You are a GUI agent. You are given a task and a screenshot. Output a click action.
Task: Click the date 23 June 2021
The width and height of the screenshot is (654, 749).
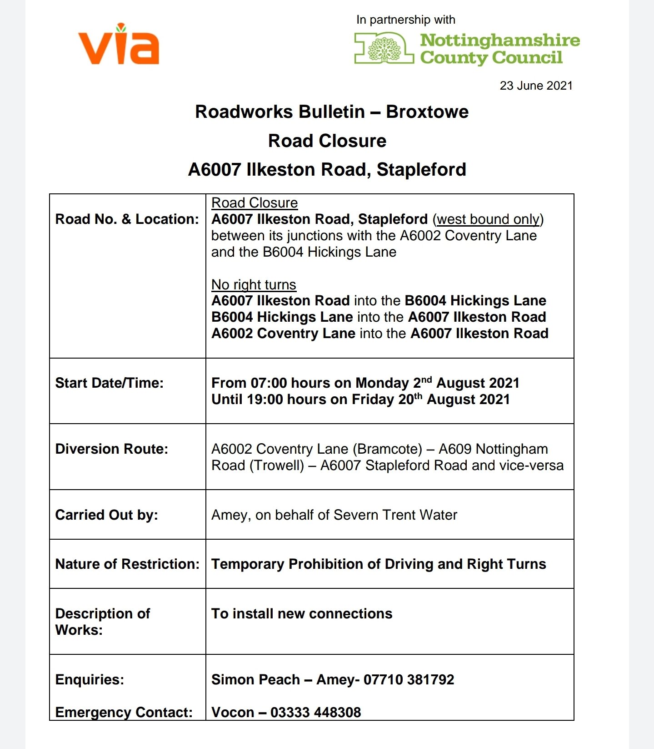coord(536,86)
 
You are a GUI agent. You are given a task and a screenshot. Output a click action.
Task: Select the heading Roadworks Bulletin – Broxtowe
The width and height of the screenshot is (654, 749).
coord(331,112)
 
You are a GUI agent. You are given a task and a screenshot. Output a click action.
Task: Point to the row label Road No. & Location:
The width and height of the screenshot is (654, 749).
coord(127,219)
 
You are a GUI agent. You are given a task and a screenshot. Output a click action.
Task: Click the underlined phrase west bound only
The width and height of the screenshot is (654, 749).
coord(488,219)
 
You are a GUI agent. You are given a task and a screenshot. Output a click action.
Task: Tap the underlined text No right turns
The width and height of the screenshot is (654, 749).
coord(254,285)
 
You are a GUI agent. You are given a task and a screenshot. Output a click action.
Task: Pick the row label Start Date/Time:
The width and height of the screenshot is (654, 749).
coord(109,383)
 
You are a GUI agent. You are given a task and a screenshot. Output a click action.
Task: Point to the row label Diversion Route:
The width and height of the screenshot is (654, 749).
coord(111,449)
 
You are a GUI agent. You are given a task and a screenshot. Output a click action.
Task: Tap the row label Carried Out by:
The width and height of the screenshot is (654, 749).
coord(106,515)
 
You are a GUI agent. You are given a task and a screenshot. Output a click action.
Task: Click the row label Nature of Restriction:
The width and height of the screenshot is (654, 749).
coord(127,564)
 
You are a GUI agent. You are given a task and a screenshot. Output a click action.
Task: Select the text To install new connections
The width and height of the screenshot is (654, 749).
coord(302,614)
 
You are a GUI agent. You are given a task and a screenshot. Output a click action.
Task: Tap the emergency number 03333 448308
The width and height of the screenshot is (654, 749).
coord(315,713)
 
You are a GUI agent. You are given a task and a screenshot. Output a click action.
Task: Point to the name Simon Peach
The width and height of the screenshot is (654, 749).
coord(255,680)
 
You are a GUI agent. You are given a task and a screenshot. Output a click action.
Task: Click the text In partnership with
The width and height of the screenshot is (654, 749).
coord(405,20)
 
